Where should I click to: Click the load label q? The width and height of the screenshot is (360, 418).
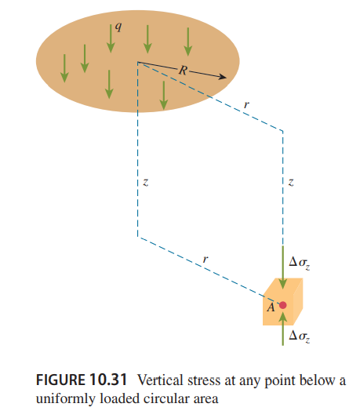[118, 27]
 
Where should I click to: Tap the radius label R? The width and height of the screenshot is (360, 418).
[184, 71]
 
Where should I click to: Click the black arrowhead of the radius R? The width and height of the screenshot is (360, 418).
[223, 77]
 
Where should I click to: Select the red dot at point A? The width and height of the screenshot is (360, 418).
[283, 305]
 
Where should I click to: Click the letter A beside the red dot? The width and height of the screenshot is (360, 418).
[271, 307]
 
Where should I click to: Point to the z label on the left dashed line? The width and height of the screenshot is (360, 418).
[146, 183]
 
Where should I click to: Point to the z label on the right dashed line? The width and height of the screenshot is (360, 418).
[291, 183]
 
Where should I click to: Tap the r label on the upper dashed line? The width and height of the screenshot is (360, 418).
[246, 104]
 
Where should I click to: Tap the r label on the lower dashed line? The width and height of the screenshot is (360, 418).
[205, 259]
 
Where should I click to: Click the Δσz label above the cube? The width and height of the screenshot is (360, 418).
[300, 264]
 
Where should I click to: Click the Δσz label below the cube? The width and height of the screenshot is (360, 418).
[300, 336]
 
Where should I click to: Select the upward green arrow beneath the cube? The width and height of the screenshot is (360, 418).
[283, 329]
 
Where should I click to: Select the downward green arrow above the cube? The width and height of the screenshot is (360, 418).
[283, 267]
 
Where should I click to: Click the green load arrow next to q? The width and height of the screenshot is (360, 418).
[111, 38]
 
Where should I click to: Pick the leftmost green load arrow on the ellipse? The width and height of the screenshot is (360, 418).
[64, 68]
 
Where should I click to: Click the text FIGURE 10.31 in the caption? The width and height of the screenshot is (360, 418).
[82, 380]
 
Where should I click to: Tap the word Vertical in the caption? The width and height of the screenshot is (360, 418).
[161, 380]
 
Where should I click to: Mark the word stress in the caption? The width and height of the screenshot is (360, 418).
[204, 380]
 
